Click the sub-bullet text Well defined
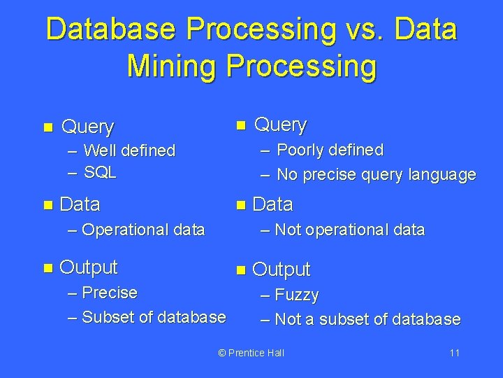[129, 150]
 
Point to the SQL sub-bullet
[100, 172]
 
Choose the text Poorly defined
[330, 150]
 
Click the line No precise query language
[376, 174]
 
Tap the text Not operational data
[349, 230]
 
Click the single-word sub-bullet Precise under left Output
[110, 292]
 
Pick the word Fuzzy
[297, 295]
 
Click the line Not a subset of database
[367, 320]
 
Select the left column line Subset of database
[154, 317]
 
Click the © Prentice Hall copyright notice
[251, 353]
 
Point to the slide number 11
[454, 353]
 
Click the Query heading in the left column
[87, 127]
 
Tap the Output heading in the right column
[281, 269]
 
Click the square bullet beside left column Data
[48, 205]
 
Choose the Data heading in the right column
[272, 204]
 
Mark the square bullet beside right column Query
[240, 125]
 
